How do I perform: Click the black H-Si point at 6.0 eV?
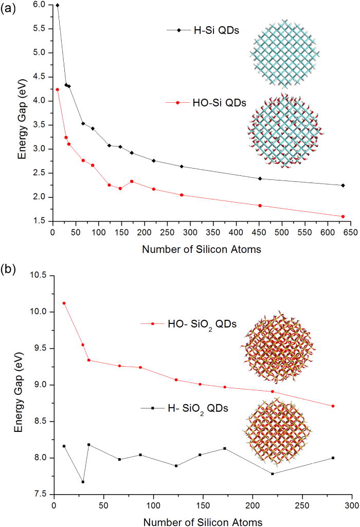57,5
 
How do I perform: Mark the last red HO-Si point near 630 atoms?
343,216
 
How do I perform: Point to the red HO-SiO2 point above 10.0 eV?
64,303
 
